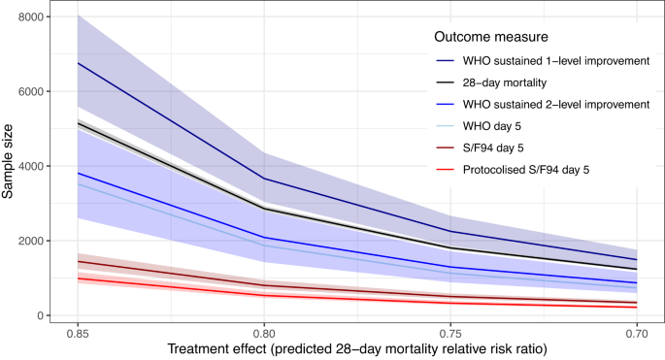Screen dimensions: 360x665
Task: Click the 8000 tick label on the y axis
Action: [31, 17]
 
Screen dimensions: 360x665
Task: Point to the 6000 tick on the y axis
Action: [31, 92]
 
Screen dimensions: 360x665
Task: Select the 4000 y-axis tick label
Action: [31, 166]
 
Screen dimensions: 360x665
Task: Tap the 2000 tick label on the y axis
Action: [31, 241]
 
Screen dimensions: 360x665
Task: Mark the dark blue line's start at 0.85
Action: [78, 63]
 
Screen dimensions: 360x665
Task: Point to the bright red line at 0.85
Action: [78, 278]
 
